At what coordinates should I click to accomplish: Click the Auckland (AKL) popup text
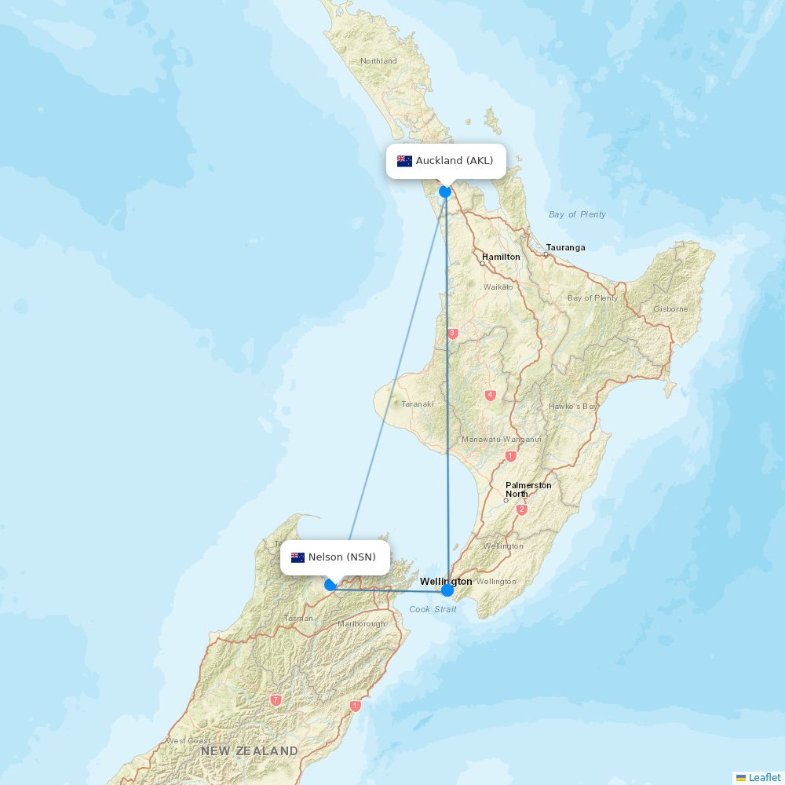pyautogui.click(x=455, y=161)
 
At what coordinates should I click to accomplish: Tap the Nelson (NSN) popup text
pyautogui.click(x=342, y=557)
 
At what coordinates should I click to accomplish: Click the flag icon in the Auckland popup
pyautogui.click(x=404, y=161)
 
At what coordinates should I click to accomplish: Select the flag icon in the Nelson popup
pyautogui.click(x=298, y=557)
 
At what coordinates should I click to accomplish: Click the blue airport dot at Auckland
pyautogui.click(x=445, y=192)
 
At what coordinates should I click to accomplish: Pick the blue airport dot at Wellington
pyautogui.click(x=447, y=590)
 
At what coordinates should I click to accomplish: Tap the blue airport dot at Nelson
pyautogui.click(x=330, y=585)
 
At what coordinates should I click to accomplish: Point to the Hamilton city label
pyautogui.click(x=501, y=257)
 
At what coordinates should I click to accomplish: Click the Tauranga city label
pyautogui.click(x=566, y=247)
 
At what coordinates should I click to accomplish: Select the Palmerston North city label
pyautogui.click(x=528, y=489)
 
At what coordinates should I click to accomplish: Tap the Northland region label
pyautogui.click(x=378, y=61)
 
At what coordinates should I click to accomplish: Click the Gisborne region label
pyautogui.click(x=670, y=309)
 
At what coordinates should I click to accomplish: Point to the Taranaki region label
pyautogui.click(x=418, y=404)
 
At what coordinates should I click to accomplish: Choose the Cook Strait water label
pyautogui.click(x=433, y=609)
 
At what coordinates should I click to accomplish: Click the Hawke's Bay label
pyautogui.click(x=573, y=407)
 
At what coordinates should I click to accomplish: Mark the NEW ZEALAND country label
pyautogui.click(x=249, y=751)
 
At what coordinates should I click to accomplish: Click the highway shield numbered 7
pyautogui.click(x=276, y=699)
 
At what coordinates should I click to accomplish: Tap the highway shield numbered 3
pyautogui.click(x=452, y=334)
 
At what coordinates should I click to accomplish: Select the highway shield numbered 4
pyautogui.click(x=491, y=396)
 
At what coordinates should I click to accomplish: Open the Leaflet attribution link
pyautogui.click(x=764, y=777)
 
